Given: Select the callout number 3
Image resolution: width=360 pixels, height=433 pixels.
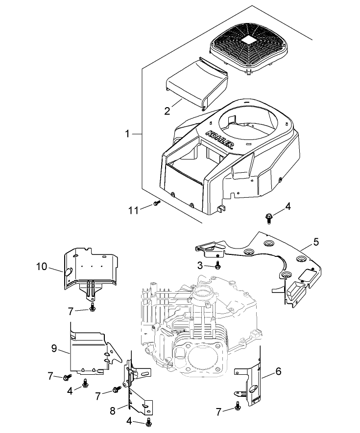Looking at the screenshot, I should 199,265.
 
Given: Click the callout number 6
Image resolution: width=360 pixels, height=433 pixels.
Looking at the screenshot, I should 278,371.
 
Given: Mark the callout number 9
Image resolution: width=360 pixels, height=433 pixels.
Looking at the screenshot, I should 54,348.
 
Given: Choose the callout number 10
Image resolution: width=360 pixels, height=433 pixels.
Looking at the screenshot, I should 42,267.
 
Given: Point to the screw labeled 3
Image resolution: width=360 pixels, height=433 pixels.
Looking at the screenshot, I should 217,266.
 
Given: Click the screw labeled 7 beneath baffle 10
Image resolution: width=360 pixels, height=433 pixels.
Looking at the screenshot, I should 93,307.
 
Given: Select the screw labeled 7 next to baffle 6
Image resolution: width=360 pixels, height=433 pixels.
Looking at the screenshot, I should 238,405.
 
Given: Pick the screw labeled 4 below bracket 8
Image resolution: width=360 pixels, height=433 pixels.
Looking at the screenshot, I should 148,421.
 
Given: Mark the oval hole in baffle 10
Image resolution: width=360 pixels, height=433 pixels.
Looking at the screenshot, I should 68,271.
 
